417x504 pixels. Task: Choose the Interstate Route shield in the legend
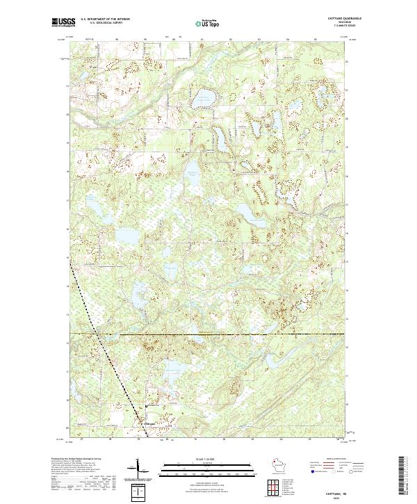coord(306,470)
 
